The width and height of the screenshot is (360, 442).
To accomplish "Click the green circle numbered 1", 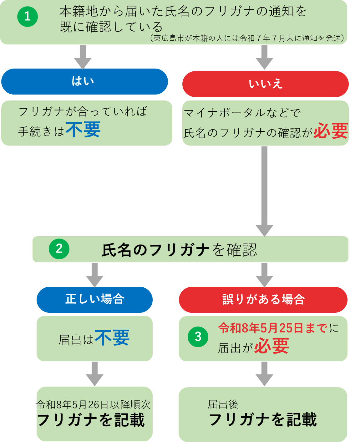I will (x=28, y=17).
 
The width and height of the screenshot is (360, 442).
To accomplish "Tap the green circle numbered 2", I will (x=59, y=249).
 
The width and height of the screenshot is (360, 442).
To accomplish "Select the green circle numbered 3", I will (x=198, y=337).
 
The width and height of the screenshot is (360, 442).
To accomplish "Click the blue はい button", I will (x=84, y=81).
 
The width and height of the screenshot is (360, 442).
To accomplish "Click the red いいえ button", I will (x=265, y=84).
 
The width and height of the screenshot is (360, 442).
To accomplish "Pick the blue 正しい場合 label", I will (x=94, y=299).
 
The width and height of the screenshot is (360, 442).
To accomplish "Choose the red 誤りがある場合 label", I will (x=263, y=300).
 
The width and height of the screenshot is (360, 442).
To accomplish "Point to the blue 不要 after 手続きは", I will (x=83, y=130).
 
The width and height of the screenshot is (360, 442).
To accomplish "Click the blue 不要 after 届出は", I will (x=112, y=338).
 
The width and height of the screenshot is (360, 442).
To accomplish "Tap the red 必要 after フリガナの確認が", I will (x=331, y=131).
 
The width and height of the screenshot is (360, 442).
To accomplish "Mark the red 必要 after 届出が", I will (x=271, y=346).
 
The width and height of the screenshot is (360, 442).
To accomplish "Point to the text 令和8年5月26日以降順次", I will (x=93, y=404).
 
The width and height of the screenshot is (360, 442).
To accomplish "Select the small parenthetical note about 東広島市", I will (x=247, y=38).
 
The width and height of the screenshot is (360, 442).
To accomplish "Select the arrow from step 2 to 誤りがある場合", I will (x=264, y=275).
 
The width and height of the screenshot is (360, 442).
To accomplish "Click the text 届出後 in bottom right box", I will (x=223, y=404).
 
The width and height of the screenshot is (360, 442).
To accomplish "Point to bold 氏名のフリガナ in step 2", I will (x=155, y=250).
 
